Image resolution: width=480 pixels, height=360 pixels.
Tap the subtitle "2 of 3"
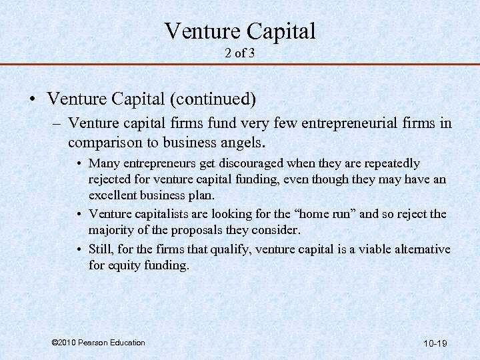tap(239, 53)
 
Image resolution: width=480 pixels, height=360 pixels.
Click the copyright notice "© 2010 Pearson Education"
tap(97, 343)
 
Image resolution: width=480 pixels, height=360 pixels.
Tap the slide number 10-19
tap(435, 343)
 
